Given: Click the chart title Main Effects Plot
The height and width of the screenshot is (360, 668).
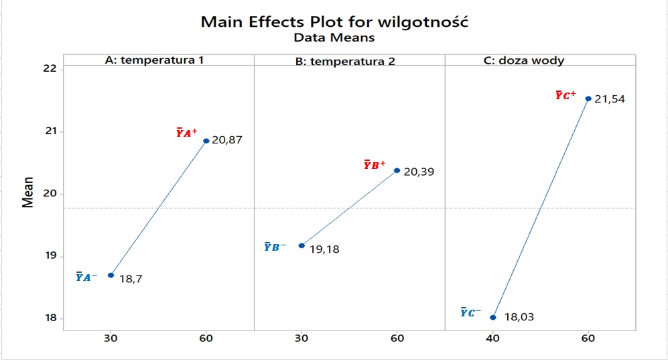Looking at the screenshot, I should coord(334,21).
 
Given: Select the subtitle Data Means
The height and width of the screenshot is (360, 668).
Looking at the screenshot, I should coord(334,38).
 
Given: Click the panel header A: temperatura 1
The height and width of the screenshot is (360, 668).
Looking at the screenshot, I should coord(155,60).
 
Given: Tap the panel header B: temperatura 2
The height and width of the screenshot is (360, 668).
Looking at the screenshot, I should coord(345,61).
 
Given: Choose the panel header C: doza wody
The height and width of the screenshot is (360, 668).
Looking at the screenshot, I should coord(524,60).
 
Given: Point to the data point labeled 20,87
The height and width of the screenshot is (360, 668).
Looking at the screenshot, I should coord(206,141).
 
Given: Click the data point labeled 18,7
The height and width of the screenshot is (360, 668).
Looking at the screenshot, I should coord(111,275).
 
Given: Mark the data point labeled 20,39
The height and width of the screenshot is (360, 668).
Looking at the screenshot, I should coord(397,170).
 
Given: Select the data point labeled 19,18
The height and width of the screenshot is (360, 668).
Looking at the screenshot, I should coord(302,245).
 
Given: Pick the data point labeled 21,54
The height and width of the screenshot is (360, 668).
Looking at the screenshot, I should coord(588,99).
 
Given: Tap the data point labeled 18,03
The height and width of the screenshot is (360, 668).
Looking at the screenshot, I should coord(493,317).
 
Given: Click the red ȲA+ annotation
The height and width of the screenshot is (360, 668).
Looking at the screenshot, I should coord(186,133).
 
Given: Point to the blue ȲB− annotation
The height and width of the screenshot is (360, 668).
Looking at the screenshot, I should coord(275,247).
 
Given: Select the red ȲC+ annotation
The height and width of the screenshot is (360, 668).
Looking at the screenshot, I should coord(565,95).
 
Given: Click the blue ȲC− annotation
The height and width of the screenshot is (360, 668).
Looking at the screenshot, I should coord(470,312).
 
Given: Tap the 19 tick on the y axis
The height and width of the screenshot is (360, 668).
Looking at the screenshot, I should coord(50,256).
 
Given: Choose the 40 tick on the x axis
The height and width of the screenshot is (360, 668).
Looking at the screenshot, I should coord(493,338).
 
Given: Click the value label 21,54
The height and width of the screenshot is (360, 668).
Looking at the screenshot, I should coord(610,99).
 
